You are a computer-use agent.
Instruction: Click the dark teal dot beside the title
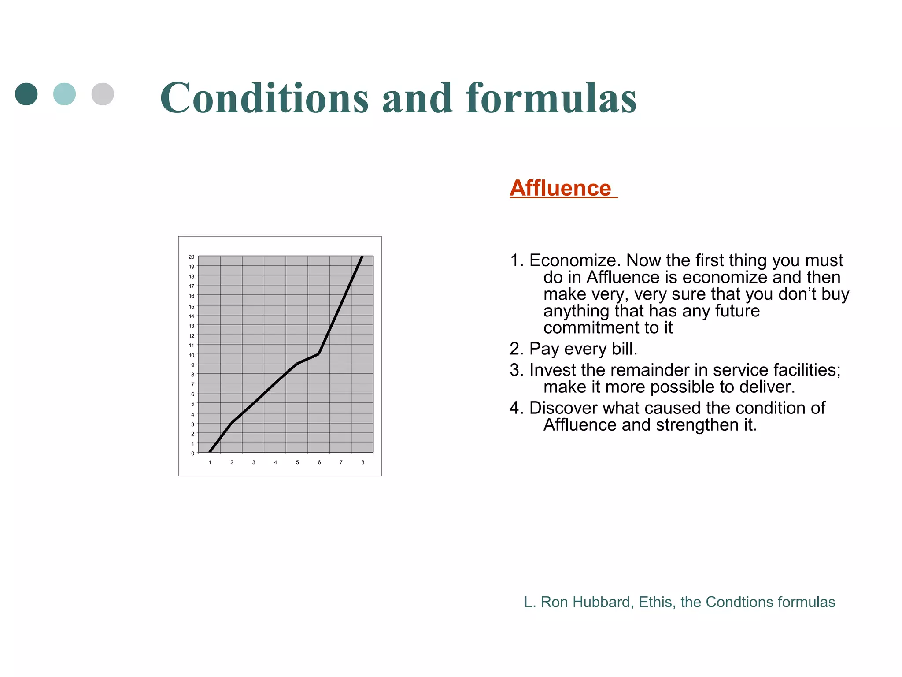tap(26, 94)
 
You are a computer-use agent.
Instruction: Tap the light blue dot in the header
tap(64, 94)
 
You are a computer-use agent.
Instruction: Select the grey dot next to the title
tap(103, 94)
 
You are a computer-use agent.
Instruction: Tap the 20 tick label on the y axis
tap(191, 257)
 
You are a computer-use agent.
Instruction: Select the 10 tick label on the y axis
tap(191, 355)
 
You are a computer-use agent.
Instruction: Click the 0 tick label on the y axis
tap(192, 453)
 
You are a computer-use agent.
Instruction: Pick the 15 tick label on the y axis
tap(191, 306)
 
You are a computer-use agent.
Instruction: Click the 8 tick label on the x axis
tap(362, 462)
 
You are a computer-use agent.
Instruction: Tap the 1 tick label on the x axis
tap(210, 462)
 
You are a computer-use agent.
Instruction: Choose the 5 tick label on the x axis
tap(297, 462)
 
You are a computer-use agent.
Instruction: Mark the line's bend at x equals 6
tap(318, 354)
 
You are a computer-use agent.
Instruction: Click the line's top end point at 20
tap(362, 257)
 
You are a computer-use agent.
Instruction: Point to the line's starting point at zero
tap(210, 452)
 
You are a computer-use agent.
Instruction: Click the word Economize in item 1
tap(574, 260)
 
